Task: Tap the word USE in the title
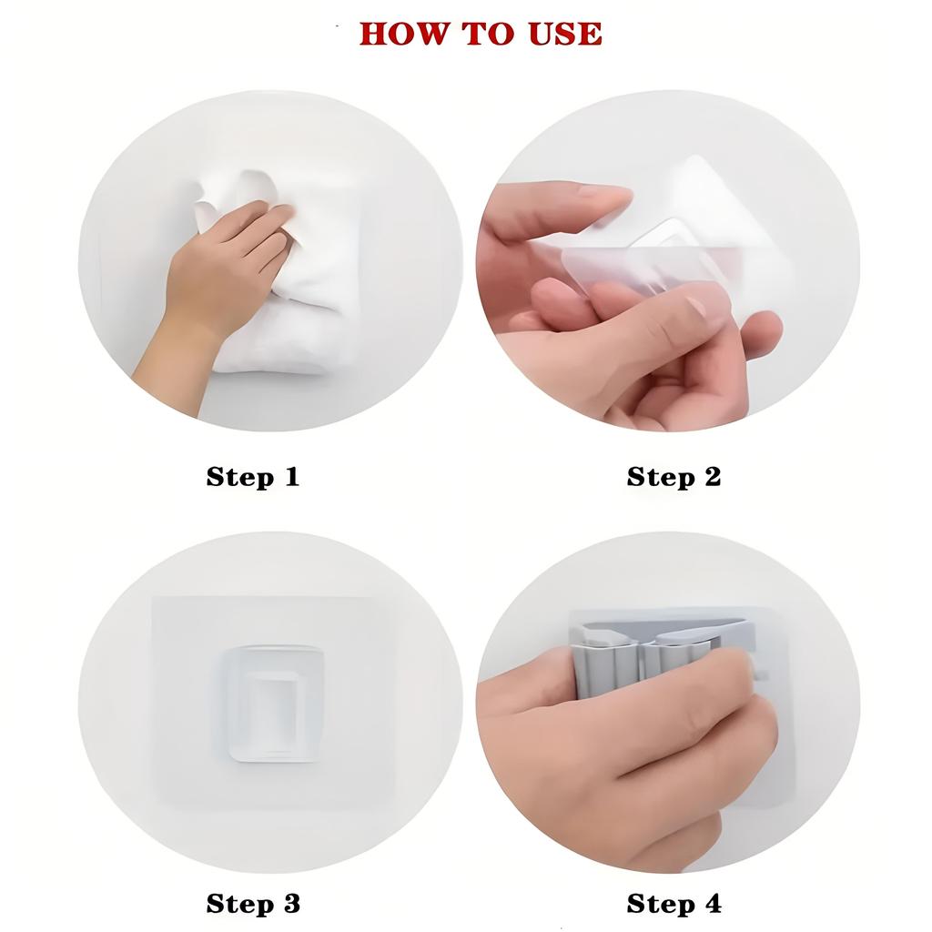pos(565,34)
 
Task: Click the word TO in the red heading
pos(488,34)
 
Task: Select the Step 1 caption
pos(253,477)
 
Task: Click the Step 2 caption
pos(674,477)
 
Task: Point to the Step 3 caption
pos(253,904)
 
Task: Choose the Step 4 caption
pos(674,904)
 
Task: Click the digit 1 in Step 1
pos(292,476)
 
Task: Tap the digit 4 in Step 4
pos(713,903)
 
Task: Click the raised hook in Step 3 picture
pos(274,704)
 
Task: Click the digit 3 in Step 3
pos(291,904)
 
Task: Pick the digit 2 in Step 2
pos(712,476)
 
